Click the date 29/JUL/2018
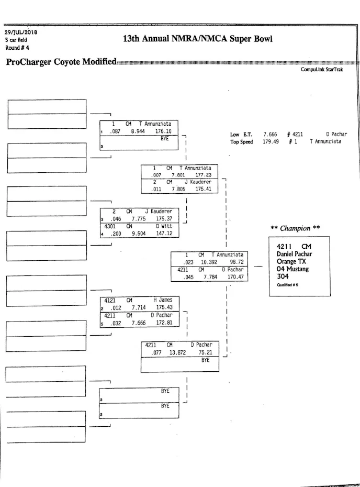pyautogui.click(x=17, y=32)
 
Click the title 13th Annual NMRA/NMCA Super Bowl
pyautogui.click(x=197, y=39)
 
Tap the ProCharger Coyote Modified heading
pyautogui.click(x=61, y=62)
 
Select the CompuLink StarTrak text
pyautogui.click(x=322, y=70)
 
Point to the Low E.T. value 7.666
pyautogui.click(x=270, y=135)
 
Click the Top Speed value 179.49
pyautogui.click(x=270, y=142)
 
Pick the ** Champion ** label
pyautogui.click(x=295, y=228)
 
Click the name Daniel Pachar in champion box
pyautogui.click(x=294, y=254)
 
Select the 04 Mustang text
pyautogui.click(x=292, y=269)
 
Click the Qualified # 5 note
pyautogui.click(x=288, y=285)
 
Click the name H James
pyautogui.click(x=163, y=300)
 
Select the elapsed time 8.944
pyautogui.click(x=138, y=131)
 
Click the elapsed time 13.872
pyautogui.click(x=178, y=353)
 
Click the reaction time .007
pyautogui.click(x=156, y=175)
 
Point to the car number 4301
pyautogui.click(x=110, y=226)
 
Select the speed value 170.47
pyautogui.click(x=235, y=277)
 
